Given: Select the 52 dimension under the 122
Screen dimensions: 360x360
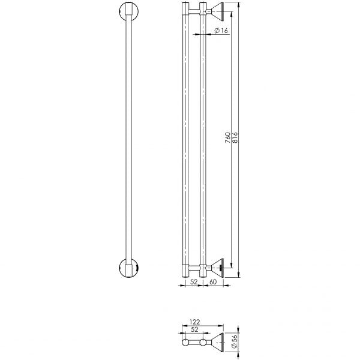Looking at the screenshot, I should [195, 329].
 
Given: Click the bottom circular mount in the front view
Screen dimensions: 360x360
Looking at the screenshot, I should [128, 267].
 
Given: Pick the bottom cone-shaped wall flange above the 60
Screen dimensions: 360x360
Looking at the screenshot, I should [217, 267].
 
